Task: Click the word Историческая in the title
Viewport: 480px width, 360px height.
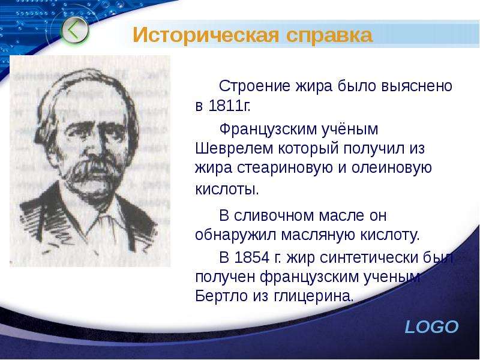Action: pos(206,35)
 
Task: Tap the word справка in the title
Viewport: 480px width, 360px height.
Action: pos(329,35)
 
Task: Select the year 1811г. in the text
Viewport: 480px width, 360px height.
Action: pos(229,106)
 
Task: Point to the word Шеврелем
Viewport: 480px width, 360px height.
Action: pos(234,148)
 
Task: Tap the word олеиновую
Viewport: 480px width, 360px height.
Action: pos(392,168)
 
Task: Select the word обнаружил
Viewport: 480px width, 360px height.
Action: pos(235,235)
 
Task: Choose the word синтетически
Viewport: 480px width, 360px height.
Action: pos(352,257)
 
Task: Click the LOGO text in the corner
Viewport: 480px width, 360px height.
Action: pos(431,327)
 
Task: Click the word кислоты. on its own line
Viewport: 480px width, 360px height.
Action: pos(227,189)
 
